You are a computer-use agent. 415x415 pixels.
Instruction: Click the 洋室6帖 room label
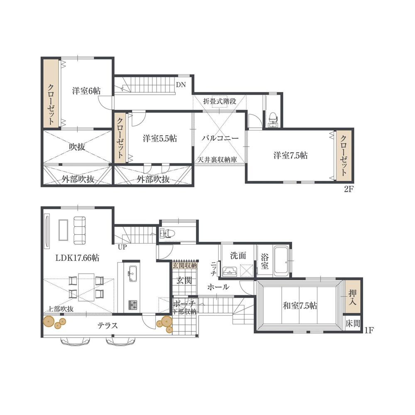pos(86,91)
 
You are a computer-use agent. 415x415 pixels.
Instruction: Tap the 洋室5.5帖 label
pos(160,138)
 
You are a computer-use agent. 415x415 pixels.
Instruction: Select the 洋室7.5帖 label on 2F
pos(290,155)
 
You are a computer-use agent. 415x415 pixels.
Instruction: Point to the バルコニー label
pos(220,138)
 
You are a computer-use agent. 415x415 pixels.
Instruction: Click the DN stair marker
pos(181,85)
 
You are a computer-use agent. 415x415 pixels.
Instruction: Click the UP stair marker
pos(122,247)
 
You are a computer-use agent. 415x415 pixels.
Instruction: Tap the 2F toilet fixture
pos(273,117)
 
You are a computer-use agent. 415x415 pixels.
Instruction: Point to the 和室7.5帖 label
pos(300,306)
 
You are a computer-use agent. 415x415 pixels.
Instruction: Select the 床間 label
pos(353,324)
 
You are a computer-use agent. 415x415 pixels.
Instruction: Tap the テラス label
pos(108,326)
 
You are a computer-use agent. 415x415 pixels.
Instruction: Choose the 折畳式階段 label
pos(220,101)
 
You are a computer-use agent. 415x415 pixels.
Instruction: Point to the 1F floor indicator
pos(369,331)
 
